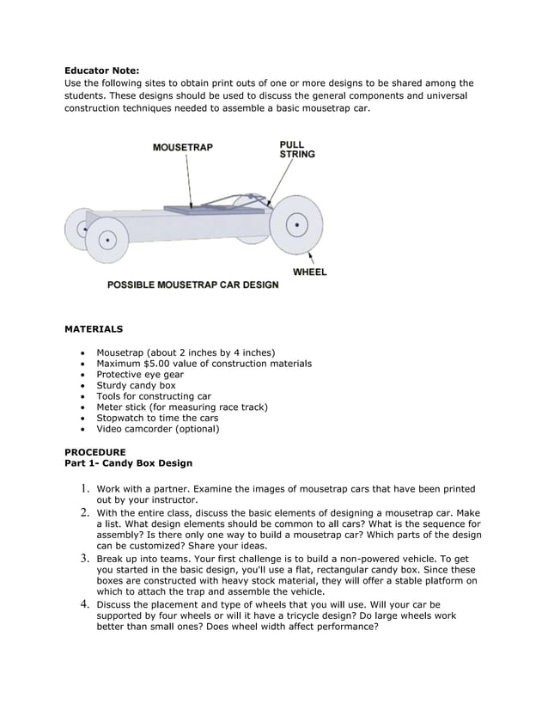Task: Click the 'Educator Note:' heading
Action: pos(101,70)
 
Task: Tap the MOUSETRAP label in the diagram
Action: pos(182,147)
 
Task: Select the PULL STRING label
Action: pos(297,150)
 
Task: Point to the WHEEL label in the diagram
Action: pos(309,272)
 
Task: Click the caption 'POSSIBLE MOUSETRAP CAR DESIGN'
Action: pos(192,285)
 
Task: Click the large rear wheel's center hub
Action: pos(296,226)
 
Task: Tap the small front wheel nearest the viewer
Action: pos(107,241)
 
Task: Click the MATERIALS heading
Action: pos(94,328)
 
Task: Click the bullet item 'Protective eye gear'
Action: pos(140,375)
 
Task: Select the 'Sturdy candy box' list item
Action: pos(136,386)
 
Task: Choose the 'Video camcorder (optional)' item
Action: pos(158,429)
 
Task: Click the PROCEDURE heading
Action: pos(95,452)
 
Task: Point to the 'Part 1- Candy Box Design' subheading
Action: pos(129,462)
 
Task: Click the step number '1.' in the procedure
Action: pos(86,489)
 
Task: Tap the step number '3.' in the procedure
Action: pos(86,559)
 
